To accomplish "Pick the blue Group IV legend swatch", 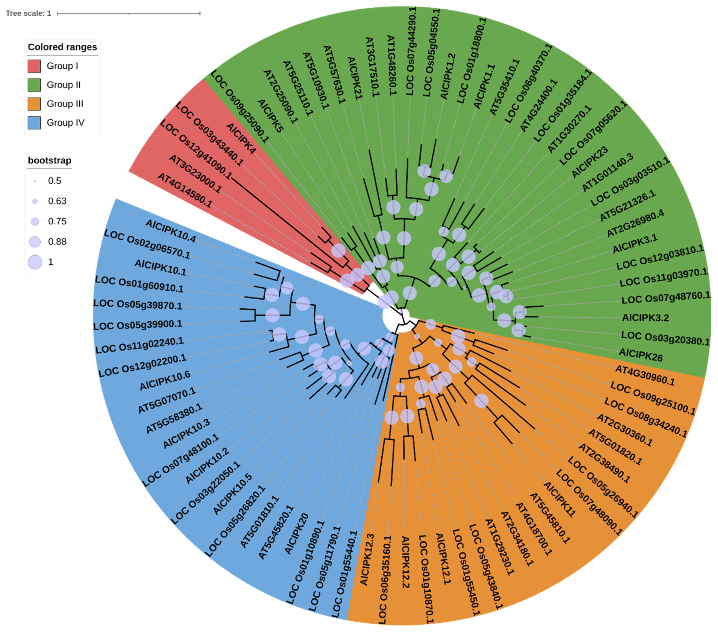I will click(x=34, y=123).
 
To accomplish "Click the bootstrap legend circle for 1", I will click(x=35, y=262).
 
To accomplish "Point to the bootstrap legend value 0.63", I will click(x=57, y=201).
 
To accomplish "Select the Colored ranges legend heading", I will click(x=62, y=47).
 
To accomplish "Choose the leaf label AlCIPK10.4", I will click(x=170, y=231).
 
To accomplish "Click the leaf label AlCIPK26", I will click(x=640, y=355).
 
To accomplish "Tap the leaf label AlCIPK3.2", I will click(x=645, y=318).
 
